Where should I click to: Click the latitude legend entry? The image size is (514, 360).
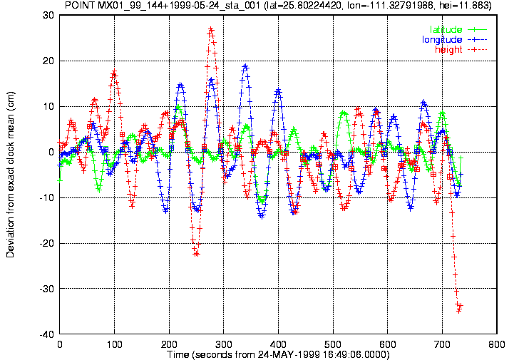coord(458,29)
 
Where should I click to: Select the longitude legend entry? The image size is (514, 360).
coord(454,40)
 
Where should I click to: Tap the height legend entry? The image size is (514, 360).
coord(461,49)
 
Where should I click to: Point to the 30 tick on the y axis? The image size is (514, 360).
coord(48,15)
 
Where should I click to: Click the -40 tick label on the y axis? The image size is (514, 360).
coord(46,334)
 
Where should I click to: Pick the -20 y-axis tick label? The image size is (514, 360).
coord(46,243)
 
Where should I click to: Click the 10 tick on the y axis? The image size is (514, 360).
coord(48,106)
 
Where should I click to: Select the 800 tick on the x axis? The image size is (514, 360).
coord(497,344)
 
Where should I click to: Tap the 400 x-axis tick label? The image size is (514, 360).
coord(278,344)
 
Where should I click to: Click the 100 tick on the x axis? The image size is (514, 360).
coord(114,344)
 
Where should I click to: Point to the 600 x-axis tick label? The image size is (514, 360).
coord(388,344)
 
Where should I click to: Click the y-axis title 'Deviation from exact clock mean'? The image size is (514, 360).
coord(10,174)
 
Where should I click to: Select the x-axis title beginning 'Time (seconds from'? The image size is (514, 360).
coord(278,355)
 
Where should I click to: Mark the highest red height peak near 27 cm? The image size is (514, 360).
coord(211,29)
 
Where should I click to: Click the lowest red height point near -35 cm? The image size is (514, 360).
coord(459,310)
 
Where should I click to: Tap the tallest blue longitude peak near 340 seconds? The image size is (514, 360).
coord(245,66)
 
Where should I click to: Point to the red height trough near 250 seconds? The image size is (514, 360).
coord(196,254)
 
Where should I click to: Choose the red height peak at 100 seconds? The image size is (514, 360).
coord(114,71)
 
